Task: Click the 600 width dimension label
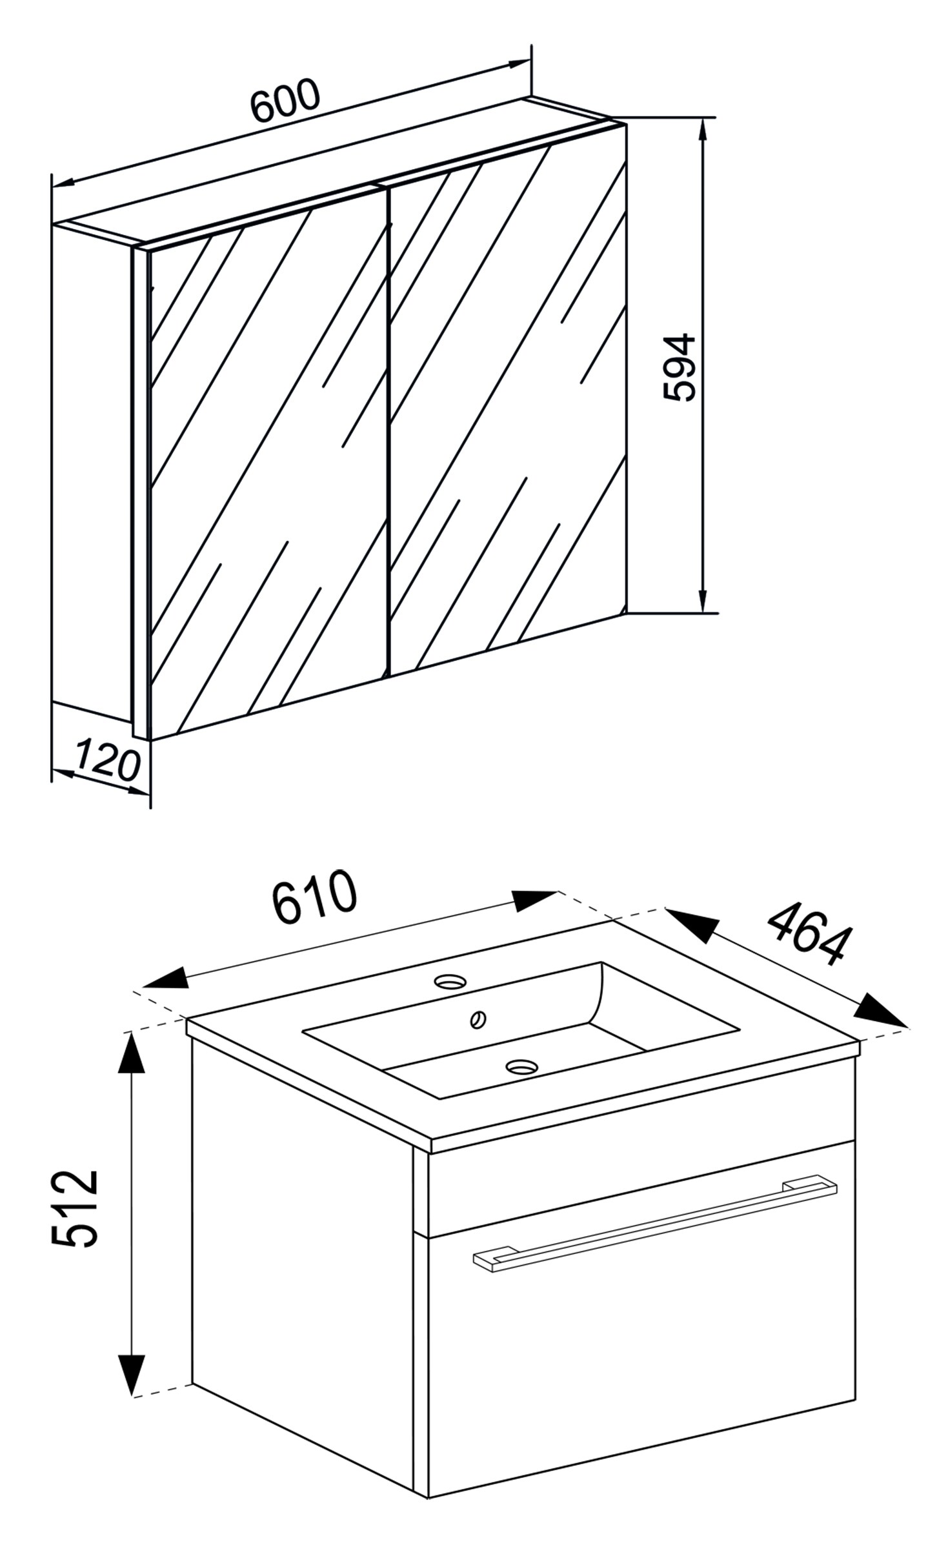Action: [285, 101]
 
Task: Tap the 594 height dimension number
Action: [680, 367]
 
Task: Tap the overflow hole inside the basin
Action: [478, 1020]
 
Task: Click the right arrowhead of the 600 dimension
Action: [518, 63]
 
